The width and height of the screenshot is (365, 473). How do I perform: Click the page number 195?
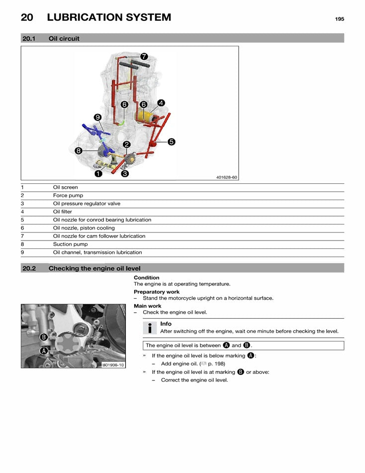[339, 19]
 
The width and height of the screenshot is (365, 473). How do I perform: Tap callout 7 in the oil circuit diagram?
[143, 56]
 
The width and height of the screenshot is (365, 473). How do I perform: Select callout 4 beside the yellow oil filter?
[161, 103]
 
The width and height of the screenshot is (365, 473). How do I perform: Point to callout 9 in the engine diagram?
[97, 117]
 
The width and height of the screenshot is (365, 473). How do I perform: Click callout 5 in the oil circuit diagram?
[171, 141]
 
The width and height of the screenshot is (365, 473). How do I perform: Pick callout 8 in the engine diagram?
[79, 150]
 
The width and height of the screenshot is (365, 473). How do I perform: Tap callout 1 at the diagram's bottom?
[99, 174]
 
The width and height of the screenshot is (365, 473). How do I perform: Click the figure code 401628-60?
[227, 177]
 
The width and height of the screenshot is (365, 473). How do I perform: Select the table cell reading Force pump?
[68, 196]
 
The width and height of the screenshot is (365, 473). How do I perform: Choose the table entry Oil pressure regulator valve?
[87, 204]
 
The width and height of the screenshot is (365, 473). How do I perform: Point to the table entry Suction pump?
[70, 244]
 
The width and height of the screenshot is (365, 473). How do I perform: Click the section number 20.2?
[30, 268]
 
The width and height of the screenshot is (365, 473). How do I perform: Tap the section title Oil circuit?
[64, 38]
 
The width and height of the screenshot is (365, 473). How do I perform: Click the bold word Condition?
[146, 278]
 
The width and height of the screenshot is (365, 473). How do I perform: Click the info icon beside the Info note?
[149, 328]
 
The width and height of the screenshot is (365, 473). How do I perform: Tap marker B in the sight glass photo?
[44, 337]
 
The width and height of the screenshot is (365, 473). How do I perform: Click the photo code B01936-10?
[113, 364]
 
